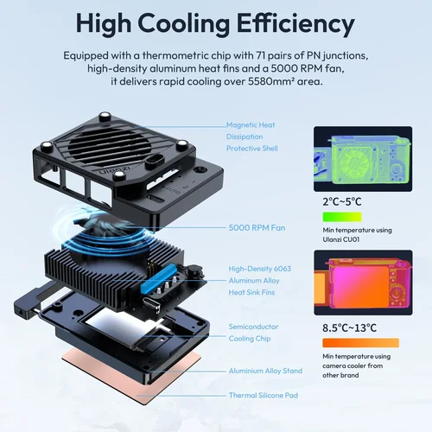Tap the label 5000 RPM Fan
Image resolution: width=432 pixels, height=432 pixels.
tap(257, 228)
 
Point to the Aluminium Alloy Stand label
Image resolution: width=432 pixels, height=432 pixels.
tap(265, 371)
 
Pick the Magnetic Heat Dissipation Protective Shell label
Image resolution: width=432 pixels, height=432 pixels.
tap(253, 136)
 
